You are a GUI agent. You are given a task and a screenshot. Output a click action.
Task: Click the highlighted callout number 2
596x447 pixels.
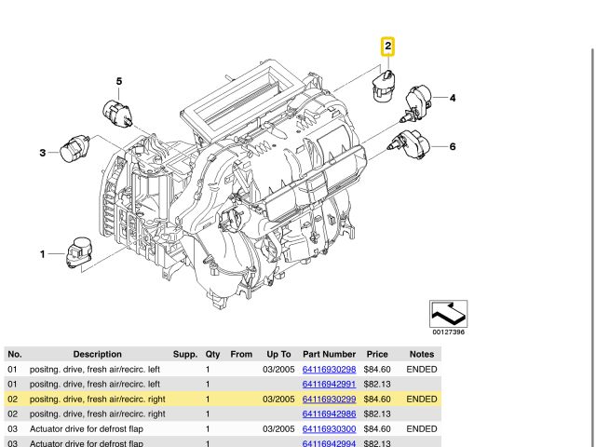click(387, 46)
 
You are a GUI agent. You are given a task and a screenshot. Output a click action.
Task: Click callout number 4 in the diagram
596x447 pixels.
click(452, 98)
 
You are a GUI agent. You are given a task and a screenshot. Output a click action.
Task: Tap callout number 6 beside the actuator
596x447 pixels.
click(452, 146)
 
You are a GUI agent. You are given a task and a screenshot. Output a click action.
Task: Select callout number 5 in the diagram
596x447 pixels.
click(118, 82)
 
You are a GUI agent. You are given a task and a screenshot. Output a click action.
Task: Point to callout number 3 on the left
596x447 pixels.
click(42, 153)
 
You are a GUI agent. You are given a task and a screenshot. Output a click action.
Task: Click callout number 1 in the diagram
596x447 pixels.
click(42, 253)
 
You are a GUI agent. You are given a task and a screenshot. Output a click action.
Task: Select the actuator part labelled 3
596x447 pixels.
click(75, 148)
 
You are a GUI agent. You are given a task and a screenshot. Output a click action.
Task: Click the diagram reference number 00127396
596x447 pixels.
click(448, 332)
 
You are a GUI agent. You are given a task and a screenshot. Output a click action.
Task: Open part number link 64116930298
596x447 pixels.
click(329, 370)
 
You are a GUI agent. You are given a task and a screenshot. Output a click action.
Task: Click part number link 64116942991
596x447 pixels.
click(329, 384)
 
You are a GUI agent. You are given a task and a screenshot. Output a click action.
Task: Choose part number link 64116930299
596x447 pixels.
click(329, 399)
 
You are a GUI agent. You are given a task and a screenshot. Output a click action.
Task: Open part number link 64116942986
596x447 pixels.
click(329, 413)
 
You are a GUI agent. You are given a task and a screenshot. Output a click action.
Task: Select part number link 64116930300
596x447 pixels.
click(329, 428)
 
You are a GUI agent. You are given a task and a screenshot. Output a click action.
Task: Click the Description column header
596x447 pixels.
click(98, 354)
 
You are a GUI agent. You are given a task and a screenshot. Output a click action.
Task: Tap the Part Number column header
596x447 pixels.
click(329, 354)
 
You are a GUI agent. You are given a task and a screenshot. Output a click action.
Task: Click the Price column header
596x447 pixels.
click(377, 354)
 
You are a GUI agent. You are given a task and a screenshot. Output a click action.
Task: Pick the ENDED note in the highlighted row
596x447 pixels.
click(422, 399)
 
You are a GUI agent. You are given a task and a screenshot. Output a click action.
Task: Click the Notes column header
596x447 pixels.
click(421, 354)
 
